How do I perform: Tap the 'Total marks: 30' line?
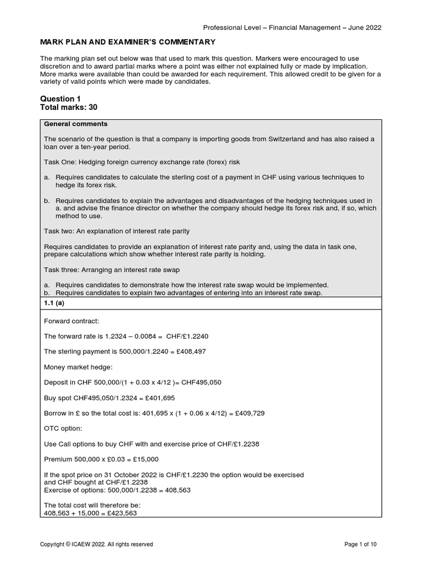click(x=69, y=107)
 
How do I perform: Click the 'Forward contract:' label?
click(x=70, y=321)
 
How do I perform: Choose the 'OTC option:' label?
click(x=62, y=428)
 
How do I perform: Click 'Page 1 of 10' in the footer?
click(x=360, y=544)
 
